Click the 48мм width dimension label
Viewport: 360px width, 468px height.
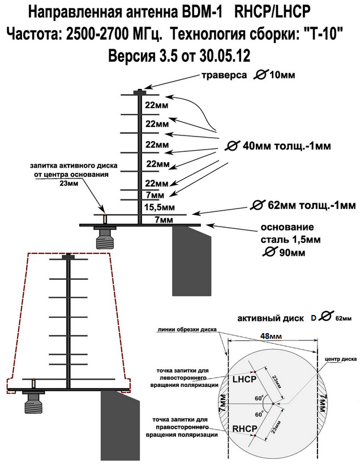point(271,336)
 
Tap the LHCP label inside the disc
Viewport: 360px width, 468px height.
point(245,379)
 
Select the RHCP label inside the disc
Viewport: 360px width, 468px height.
point(245,428)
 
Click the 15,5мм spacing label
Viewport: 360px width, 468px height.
point(160,207)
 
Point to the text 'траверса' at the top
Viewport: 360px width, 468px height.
point(224,75)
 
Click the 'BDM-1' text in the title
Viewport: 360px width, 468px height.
point(202,12)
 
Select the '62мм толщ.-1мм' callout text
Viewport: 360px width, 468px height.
point(312,206)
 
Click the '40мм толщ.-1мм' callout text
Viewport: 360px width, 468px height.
point(286,146)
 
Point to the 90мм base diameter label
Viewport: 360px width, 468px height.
point(292,253)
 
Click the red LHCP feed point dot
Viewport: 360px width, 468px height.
point(255,372)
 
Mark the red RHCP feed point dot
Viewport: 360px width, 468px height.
point(255,436)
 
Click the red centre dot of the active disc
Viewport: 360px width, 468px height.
point(273,404)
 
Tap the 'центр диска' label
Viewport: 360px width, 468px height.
point(340,359)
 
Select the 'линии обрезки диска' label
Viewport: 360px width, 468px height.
point(187,330)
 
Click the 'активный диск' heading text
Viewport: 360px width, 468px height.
point(271,318)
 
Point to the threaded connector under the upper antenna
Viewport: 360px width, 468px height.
point(104,238)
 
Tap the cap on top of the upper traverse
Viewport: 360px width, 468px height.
point(140,92)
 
